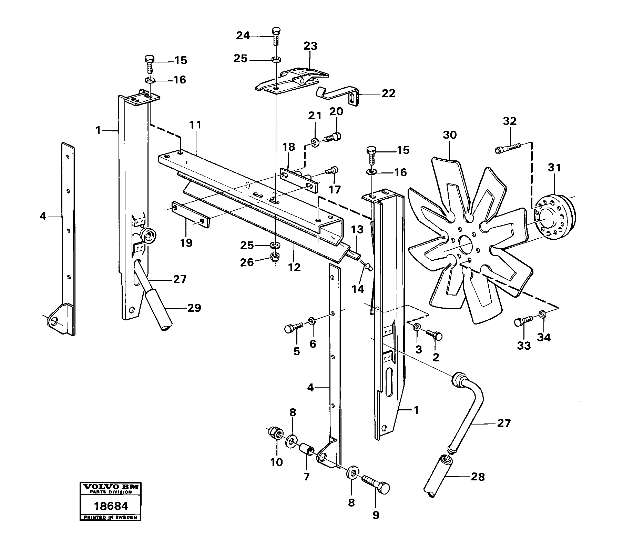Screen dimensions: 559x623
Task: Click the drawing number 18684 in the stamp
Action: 111,506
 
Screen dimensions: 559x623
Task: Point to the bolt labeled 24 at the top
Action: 276,36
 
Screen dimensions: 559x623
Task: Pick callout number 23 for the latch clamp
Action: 310,46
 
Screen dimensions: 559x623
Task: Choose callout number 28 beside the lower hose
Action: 477,477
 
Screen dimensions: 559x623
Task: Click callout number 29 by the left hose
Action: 194,308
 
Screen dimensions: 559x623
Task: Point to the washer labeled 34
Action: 542,314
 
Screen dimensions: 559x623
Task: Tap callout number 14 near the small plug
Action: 358,289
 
